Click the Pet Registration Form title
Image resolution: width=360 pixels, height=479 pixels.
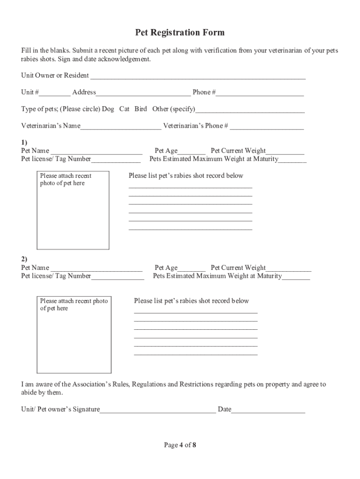point(180,32)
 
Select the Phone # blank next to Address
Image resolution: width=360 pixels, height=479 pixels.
point(259,93)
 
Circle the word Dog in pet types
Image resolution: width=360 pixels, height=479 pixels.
point(108,109)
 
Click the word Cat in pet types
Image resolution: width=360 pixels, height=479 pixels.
point(124,109)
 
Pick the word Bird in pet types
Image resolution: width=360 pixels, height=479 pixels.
point(141,109)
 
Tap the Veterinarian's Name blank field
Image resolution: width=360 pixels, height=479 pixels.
point(121,126)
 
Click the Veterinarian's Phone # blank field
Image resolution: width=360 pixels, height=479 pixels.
point(266,126)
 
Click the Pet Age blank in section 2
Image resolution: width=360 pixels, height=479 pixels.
point(192,269)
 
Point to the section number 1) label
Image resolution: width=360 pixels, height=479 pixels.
point(24,142)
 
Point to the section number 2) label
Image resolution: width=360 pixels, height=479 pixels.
point(24,259)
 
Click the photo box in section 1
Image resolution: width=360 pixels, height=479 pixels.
point(73,210)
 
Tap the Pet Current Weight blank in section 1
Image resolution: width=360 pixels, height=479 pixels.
point(285,151)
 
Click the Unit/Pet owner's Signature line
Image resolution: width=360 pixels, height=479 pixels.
point(158,410)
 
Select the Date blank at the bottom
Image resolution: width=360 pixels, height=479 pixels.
point(268,410)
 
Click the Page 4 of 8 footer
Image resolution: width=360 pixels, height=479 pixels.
point(180,445)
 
